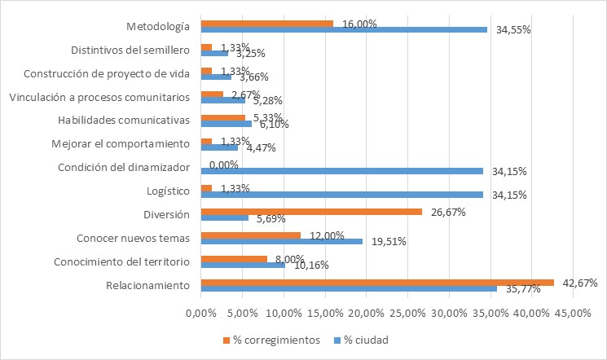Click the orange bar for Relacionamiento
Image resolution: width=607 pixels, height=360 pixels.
(x=377, y=283)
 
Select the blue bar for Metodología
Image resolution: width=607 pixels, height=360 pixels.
(x=343, y=29)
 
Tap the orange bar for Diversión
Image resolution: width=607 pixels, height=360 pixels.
(x=310, y=212)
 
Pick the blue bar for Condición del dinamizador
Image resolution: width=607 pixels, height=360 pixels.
(x=341, y=170)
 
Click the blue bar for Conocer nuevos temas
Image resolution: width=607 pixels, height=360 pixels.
(x=281, y=241)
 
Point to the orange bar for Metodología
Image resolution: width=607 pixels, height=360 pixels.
(x=266, y=23)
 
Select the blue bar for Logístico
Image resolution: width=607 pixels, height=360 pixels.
(x=341, y=194)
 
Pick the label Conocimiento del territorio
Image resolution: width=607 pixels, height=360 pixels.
(x=121, y=261)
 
